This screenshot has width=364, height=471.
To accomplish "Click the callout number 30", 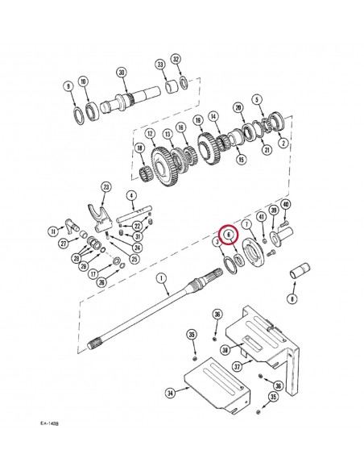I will click(x=122, y=72).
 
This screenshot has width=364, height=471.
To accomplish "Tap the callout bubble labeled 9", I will click(x=68, y=85).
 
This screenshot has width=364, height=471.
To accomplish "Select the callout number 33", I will click(x=160, y=65).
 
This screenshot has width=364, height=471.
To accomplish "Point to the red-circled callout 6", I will click(x=229, y=235).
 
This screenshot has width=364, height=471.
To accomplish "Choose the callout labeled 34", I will click(x=170, y=393).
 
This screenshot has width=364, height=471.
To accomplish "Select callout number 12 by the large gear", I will click(x=150, y=133).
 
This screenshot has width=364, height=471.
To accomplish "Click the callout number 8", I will click(x=292, y=298).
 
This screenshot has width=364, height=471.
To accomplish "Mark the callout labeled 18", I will click(x=139, y=148).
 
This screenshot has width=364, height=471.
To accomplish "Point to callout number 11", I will click(x=52, y=231).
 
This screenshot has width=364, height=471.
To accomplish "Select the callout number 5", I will click(x=257, y=100).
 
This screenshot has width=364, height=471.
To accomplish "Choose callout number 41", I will click(x=260, y=216).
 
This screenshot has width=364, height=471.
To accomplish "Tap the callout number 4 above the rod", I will click(x=130, y=194).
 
